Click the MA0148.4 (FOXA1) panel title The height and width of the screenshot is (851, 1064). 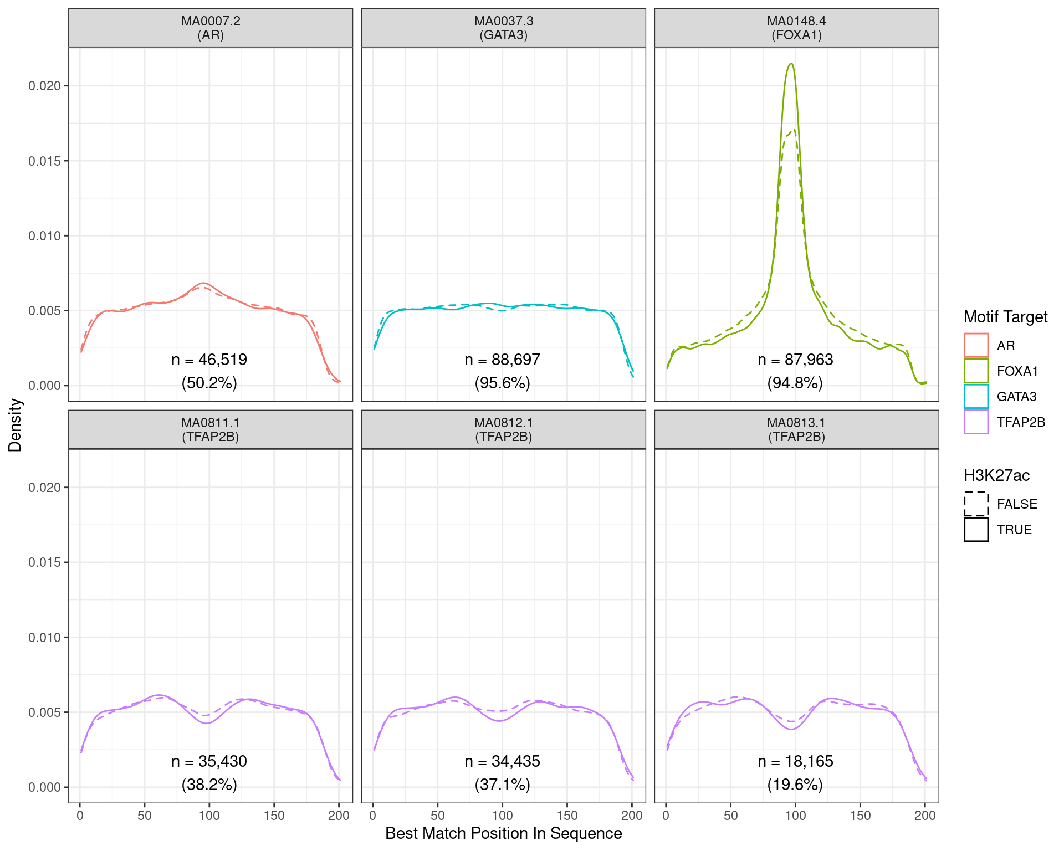point(796,28)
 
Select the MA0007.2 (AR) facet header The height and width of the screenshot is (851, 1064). point(211,28)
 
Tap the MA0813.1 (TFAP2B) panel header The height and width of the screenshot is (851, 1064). point(796,430)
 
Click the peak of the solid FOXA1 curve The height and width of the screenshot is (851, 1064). point(791,64)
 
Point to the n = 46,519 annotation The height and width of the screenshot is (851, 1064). point(209,360)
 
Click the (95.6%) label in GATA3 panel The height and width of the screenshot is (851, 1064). point(503,383)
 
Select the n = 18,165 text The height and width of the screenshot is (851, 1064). point(795,762)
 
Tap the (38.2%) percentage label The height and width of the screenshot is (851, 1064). point(209,785)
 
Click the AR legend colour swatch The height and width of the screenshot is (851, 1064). point(976,345)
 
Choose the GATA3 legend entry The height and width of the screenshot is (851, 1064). point(1016,397)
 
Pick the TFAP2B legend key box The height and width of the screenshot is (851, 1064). point(976,422)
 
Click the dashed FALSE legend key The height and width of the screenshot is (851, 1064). point(976,504)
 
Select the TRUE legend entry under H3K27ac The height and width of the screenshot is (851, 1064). point(1014,530)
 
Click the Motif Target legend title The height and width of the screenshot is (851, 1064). point(1005,317)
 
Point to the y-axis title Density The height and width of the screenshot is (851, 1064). point(16,425)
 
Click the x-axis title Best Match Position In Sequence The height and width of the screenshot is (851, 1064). point(503,833)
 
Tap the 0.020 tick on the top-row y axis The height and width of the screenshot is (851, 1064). point(45,86)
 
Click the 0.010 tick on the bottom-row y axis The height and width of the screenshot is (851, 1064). point(45,637)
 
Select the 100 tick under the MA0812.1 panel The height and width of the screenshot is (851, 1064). point(502,816)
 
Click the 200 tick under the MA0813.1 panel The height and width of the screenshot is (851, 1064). point(925,816)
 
